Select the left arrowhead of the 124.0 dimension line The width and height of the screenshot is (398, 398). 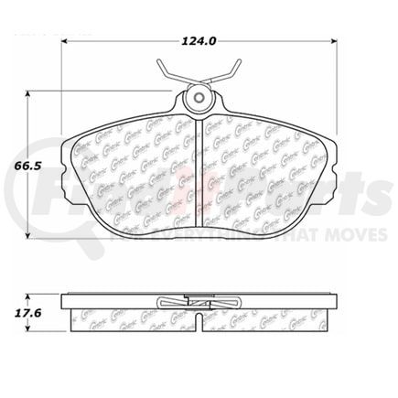[x=66, y=40]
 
